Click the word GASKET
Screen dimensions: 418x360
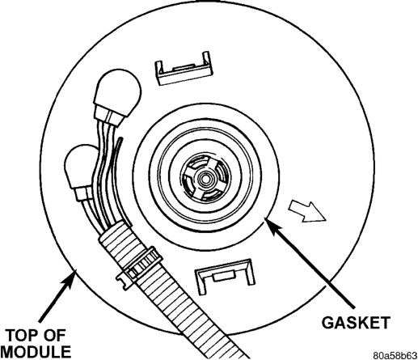pyautogui.click(x=356, y=322)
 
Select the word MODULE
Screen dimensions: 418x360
pyautogui.click(x=36, y=352)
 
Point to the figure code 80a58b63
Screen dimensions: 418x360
pyautogui.click(x=395, y=355)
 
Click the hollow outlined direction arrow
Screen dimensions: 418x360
pyautogui.click(x=307, y=212)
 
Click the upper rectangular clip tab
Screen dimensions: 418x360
pyautogui.click(x=184, y=69)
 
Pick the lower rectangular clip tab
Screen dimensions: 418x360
pyautogui.click(x=224, y=277)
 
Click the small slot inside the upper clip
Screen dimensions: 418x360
pyautogui.click(x=184, y=66)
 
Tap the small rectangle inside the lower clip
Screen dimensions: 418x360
pyautogui.click(x=224, y=277)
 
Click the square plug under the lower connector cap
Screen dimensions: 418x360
pyautogui.click(x=84, y=193)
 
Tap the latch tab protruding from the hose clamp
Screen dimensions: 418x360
pyautogui.click(x=124, y=282)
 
